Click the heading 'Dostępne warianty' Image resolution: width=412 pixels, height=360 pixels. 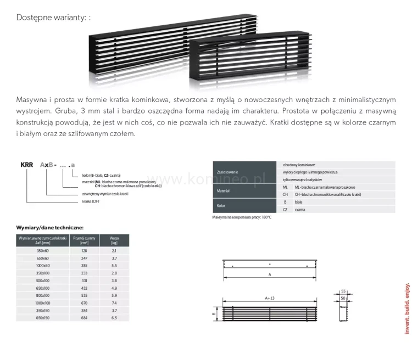53,18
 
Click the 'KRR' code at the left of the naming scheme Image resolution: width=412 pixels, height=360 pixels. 27,164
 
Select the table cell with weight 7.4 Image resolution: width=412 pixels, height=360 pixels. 114,302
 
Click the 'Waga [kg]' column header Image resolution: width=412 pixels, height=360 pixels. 114,239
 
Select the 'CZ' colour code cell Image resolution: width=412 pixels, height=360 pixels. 285,210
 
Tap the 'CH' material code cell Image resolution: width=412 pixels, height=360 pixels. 285,195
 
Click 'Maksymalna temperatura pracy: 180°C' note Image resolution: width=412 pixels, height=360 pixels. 242,217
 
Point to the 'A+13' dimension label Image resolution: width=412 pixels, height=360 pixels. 269,299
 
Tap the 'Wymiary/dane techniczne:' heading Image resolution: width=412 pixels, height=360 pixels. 49,227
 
